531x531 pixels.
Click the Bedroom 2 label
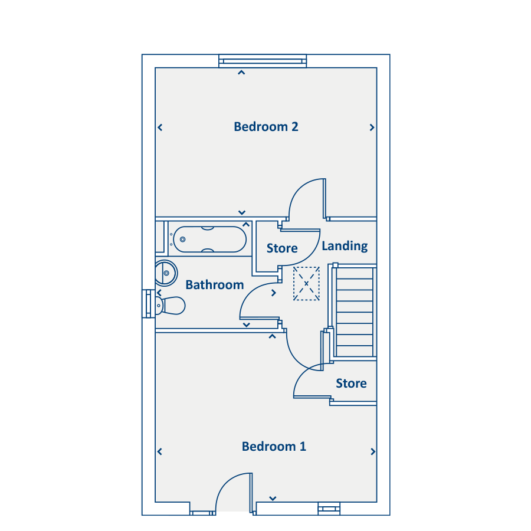tap(266, 127)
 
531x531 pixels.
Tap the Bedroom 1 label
tap(274, 447)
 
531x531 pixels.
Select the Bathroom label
tap(215, 285)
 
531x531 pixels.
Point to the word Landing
tap(345, 246)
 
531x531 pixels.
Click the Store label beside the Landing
tap(282, 248)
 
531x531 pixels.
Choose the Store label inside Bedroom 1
tap(351, 383)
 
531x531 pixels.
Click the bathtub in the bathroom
tap(210, 239)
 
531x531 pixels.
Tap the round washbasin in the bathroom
tap(166, 273)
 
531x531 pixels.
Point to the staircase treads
tap(355, 312)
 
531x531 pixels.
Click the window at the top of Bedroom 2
tap(263, 61)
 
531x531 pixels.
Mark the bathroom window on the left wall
tap(148, 303)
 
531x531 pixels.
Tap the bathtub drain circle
tap(182, 240)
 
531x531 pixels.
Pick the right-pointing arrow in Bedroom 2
tap(372, 127)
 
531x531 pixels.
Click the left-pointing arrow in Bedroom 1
tap(160, 452)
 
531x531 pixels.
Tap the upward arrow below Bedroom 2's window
tap(241, 73)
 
